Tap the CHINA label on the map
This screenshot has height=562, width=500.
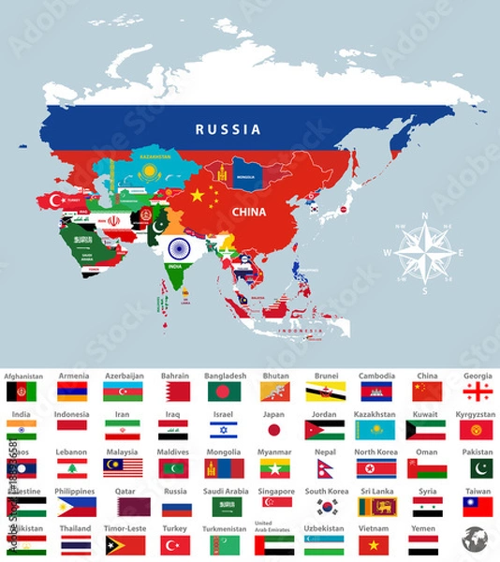[x=248, y=212]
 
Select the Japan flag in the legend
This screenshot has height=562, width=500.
[x=274, y=430]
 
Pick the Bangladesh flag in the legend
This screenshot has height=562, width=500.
[x=224, y=391]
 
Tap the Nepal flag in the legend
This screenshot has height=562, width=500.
[x=325, y=468]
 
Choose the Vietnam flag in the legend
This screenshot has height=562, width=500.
[x=375, y=545]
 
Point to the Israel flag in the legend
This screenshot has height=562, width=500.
[x=224, y=430]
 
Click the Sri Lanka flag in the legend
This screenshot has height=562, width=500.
[x=375, y=507]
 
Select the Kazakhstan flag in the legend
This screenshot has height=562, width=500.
[x=375, y=430]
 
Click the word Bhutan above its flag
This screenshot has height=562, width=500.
[x=275, y=376]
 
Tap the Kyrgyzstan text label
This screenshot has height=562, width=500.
[x=477, y=414]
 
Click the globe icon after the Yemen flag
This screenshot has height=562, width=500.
[x=476, y=540]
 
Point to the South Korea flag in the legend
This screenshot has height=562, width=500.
[x=325, y=507]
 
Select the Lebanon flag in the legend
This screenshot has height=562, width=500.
[x=72, y=468]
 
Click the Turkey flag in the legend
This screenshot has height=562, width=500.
[x=173, y=545]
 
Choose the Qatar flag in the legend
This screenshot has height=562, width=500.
[x=123, y=507]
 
